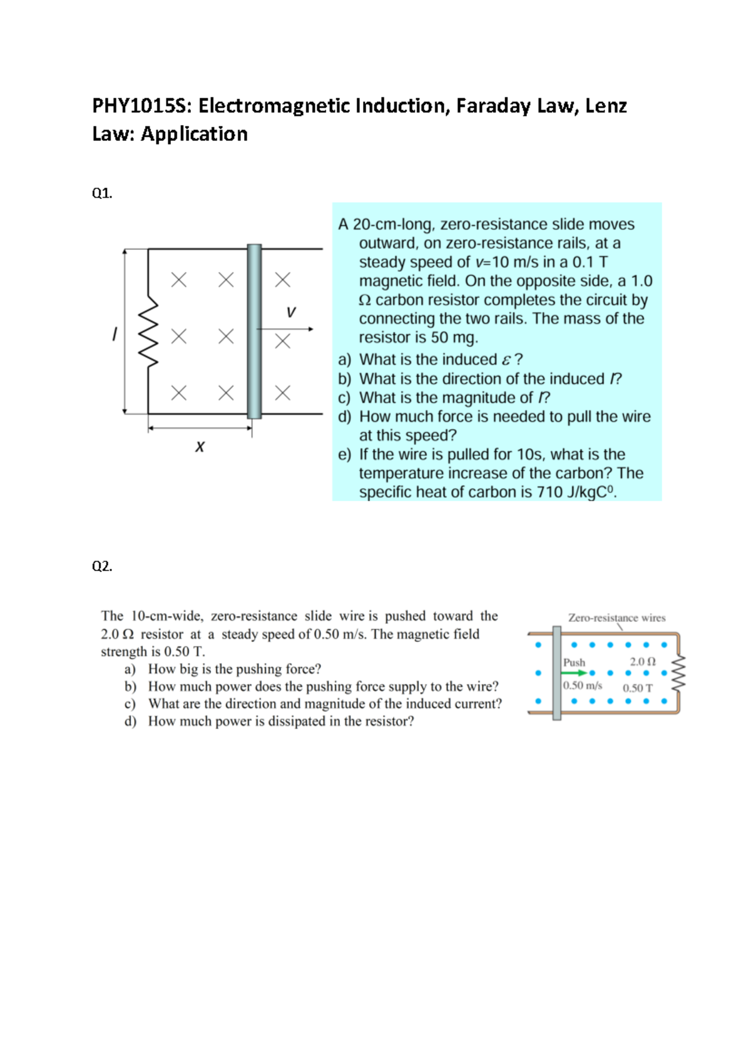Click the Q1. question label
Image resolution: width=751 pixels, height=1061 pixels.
(x=102, y=193)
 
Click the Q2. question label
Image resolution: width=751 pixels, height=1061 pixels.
(x=102, y=566)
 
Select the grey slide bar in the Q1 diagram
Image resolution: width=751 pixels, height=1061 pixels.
(x=254, y=332)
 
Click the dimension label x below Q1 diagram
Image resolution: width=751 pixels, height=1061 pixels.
(x=200, y=447)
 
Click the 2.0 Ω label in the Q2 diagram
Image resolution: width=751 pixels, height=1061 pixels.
(x=643, y=661)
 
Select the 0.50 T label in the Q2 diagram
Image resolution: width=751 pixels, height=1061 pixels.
(x=637, y=688)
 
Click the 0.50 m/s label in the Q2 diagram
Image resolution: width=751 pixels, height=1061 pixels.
(x=583, y=686)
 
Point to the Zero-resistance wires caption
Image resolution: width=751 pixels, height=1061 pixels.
(x=616, y=617)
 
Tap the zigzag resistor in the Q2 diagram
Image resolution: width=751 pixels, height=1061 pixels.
(x=678, y=673)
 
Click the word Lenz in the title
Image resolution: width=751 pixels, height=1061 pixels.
(x=606, y=106)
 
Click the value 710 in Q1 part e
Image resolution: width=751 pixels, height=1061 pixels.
(x=549, y=492)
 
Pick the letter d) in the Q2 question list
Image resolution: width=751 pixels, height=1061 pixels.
(x=130, y=721)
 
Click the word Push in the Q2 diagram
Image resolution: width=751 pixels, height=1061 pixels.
(x=574, y=662)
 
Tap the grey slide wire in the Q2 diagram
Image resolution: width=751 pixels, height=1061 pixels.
(x=556, y=673)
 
